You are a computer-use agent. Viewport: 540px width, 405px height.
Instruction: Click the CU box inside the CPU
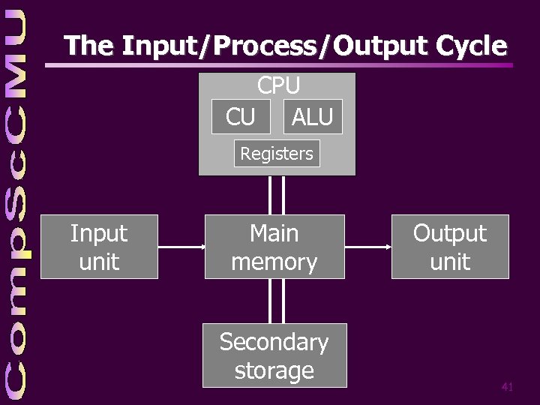241,116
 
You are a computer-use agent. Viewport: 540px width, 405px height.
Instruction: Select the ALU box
313,116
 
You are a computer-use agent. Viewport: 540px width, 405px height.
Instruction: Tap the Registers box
277,154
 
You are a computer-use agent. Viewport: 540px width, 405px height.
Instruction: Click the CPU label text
278,85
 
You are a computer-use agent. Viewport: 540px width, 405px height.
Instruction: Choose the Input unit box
99,247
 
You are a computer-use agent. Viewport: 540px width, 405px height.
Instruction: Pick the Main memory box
274,247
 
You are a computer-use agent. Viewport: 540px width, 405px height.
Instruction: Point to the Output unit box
450,247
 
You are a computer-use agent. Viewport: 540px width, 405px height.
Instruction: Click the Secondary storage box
274,355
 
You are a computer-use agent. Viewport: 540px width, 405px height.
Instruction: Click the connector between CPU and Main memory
277,195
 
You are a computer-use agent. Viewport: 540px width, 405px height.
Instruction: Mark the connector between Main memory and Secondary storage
277,301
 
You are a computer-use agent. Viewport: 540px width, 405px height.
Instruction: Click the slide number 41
507,387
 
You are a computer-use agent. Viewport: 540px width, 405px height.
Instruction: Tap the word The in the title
88,46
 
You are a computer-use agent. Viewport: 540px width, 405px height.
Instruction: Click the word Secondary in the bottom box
274,342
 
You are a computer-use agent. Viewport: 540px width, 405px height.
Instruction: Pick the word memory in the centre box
274,262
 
